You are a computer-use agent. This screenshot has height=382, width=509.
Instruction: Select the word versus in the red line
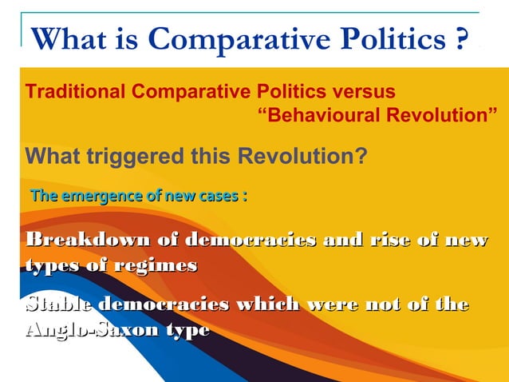tap(360, 91)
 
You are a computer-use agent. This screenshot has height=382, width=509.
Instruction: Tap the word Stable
tap(58, 304)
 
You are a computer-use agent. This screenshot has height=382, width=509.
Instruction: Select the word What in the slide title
tap(63, 38)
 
